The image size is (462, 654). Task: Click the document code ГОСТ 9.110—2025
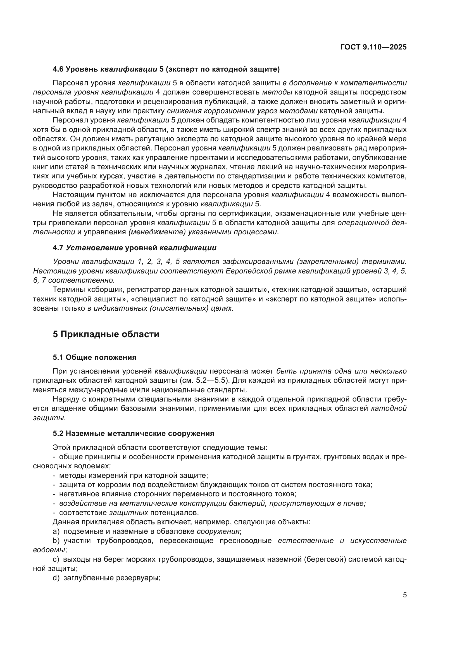click(x=373, y=47)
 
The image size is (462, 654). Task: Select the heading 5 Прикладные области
click(x=106, y=334)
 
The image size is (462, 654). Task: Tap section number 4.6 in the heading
click(x=58, y=69)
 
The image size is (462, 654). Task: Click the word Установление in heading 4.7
click(x=94, y=248)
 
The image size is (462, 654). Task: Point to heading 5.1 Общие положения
click(x=94, y=358)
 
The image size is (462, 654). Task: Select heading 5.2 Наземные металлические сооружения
click(x=133, y=434)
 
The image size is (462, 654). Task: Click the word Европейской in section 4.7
click(x=246, y=271)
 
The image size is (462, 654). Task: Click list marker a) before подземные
click(x=56, y=531)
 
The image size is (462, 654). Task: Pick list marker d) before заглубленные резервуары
click(x=56, y=578)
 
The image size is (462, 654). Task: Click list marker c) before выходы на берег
click(x=56, y=559)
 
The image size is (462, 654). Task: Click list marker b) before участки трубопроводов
click(x=56, y=541)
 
